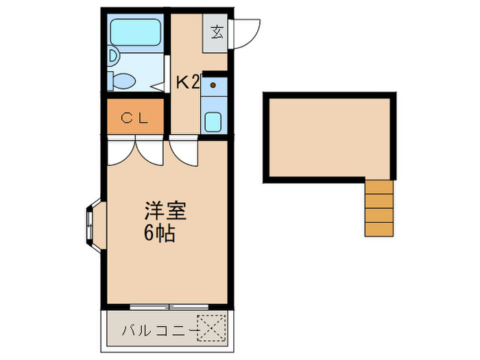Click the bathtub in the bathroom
tap(135, 31)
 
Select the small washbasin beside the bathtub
tap(114, 55)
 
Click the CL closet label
tap(135, 117)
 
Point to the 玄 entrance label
tap(217, 32)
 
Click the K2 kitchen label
tap(187, 83)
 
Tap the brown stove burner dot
tap(213, 85)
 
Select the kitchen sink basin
tap(213, 123)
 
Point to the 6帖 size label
tap(159, 235)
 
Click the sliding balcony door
tap(169, 304)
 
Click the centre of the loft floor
tap(329, 136)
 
